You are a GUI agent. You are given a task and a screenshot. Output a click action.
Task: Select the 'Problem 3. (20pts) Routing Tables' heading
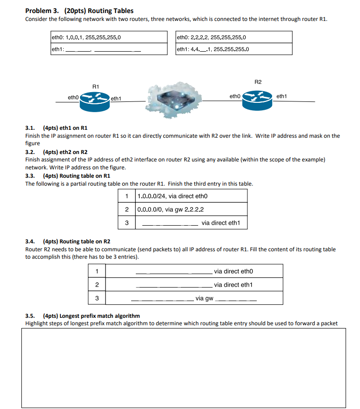coord(79,11)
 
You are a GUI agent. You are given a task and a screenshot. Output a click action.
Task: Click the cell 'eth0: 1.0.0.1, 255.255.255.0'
coord(108,37)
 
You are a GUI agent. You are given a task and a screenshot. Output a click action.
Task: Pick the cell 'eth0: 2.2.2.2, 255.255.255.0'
coord(234,37)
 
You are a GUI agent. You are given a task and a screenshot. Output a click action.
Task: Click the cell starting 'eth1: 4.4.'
coord(234,49)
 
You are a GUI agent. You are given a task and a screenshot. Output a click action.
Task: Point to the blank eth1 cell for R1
coord(108,49)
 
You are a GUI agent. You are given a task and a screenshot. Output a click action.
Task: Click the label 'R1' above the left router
coord(96,86)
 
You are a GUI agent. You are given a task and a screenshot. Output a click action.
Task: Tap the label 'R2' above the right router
coord(259,82)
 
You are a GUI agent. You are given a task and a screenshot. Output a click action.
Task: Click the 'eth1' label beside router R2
coord(282,96)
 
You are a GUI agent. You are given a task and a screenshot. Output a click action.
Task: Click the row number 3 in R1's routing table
coord(127,223)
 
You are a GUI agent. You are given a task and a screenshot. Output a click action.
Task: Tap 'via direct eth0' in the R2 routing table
coord(233,271)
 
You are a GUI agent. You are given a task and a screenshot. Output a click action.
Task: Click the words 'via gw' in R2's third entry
coord(204,298)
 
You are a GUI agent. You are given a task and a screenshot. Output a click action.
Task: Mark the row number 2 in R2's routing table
coord(96,285)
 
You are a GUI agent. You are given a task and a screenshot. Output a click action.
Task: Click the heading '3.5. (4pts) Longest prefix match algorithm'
coord(82,316)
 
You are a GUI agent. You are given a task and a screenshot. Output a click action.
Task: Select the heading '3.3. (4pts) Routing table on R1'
coord(68,176)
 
